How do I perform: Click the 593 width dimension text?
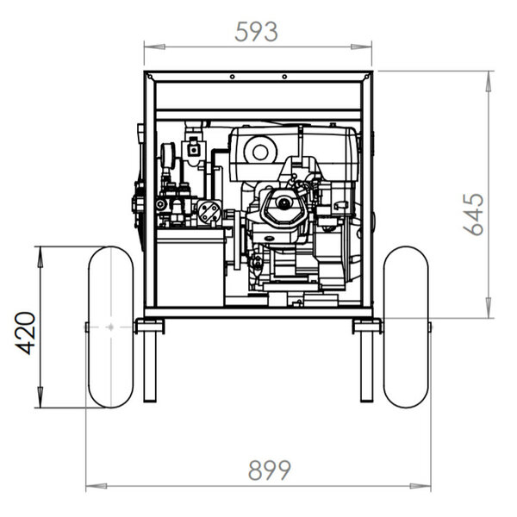pos(256,32)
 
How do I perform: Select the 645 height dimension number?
pos(473,215)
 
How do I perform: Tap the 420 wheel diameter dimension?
pos(25,333)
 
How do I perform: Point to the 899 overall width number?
pos(270,470)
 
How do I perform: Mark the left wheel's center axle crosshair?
pos(111,327)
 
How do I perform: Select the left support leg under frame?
pos(150,367)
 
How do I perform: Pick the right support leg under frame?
pos(367,367)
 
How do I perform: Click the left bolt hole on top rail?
pos(233,77)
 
